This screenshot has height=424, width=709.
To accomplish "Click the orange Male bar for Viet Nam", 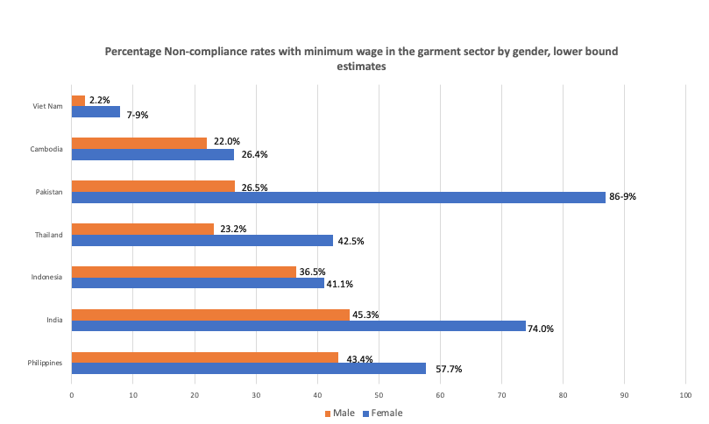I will click(x=78, y=101).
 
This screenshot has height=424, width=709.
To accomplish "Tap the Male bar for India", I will click(x=210, y=314).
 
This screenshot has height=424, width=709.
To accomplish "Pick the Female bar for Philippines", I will click(x=248, y=368).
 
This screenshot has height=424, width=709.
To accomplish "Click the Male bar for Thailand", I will click(x=142, y=229).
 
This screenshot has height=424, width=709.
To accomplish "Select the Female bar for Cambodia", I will click(x=152, y=154).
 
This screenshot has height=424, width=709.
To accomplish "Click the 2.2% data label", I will click(x=100, y=100).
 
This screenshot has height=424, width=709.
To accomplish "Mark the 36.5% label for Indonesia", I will click(x=313, y=272).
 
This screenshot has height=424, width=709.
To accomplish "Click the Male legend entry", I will click(x=342, y=413).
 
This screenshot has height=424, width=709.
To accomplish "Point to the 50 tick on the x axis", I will click(x=379, y=395).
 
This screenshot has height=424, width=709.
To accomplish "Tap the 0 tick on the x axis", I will click(x=72, y=395).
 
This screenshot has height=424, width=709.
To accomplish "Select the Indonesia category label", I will click(x=46, y=277).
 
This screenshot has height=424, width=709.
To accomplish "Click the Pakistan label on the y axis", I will click(x=48, y=192).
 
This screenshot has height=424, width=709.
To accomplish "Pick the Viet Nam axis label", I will click(x=47, y=106).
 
